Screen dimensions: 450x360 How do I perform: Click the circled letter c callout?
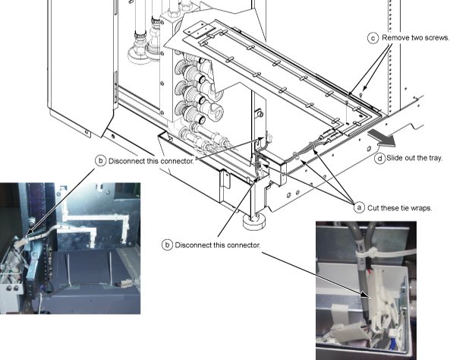373,38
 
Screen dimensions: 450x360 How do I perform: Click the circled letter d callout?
379,158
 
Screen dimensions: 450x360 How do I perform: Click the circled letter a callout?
359,207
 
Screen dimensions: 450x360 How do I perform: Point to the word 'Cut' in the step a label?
373,208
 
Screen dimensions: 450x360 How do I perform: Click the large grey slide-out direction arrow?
381,137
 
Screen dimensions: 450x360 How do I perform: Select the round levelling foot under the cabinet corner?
253,222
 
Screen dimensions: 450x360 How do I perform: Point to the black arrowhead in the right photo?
365,295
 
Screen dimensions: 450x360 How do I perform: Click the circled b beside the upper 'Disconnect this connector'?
100,160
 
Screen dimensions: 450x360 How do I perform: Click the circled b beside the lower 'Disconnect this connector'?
167,245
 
